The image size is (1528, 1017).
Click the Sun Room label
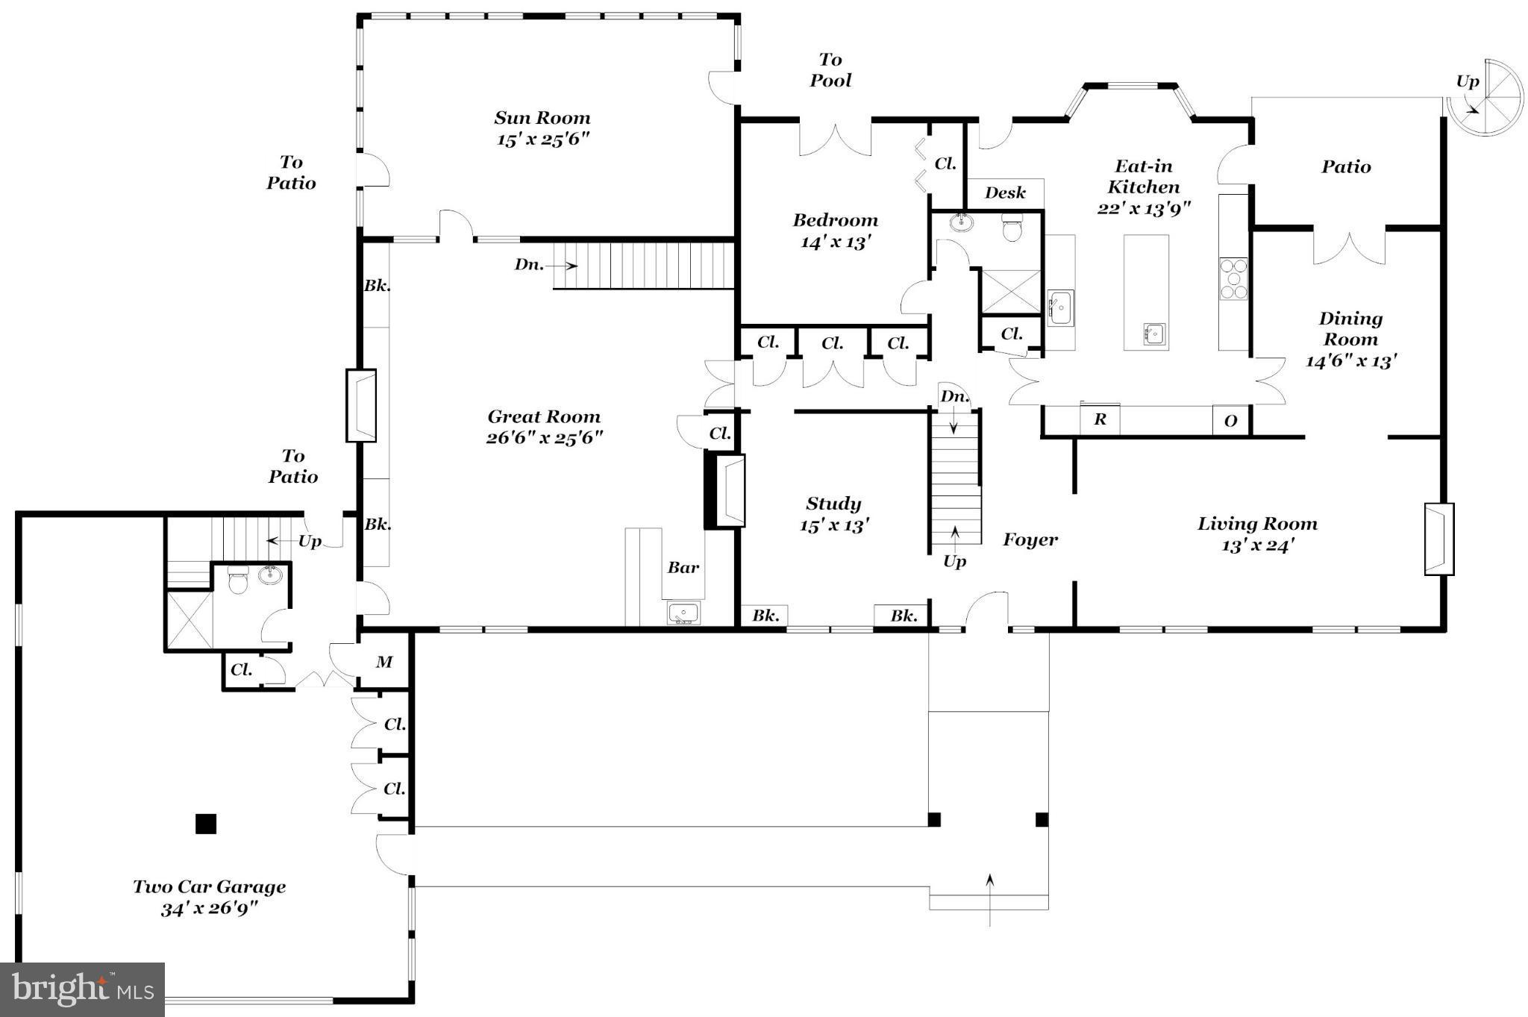click(542, 118)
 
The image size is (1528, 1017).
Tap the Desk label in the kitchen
click(1005, 193)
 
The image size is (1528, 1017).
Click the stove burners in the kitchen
click(1233, 279)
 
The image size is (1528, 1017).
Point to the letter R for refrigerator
click(1100, 420)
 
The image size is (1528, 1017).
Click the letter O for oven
click(1230, 421)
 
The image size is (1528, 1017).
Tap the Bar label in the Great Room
click(683, 568)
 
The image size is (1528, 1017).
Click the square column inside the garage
click(206, 823)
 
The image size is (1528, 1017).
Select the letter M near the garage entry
click(383, 662)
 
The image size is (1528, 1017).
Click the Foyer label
click(1030, 539)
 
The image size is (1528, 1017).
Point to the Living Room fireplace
click(1438, 539)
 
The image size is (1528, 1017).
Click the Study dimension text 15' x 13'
click(833, 526)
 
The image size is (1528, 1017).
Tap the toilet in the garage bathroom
click(237, 580)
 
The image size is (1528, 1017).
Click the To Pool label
click(830, 70)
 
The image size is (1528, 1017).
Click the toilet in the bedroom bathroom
click(1012, 227)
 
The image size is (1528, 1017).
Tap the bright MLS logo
click(82, 989)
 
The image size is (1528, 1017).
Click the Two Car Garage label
click(210, 887)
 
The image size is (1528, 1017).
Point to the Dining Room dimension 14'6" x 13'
click(1350, 361)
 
